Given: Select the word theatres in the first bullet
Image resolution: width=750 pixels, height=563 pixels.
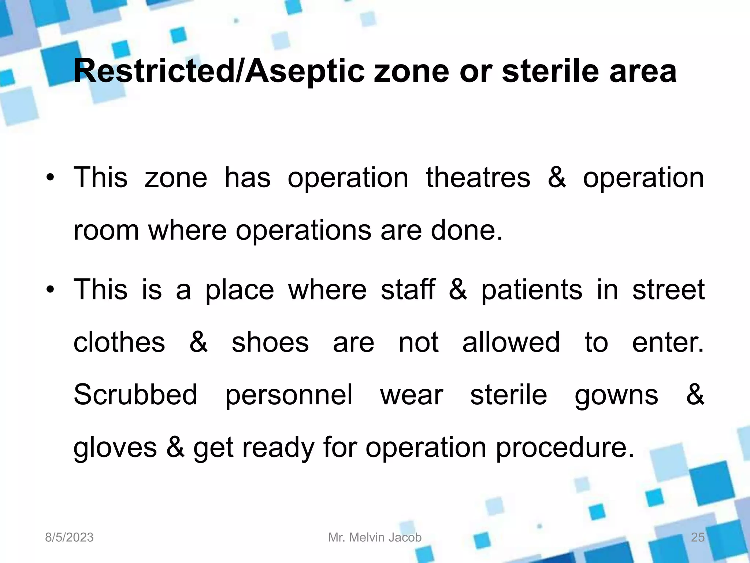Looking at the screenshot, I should click(x=478, y=178).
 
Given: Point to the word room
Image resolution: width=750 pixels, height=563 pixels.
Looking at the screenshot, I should click(x=106, y=231).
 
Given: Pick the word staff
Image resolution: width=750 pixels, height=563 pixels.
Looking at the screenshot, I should click(x=408, y=290).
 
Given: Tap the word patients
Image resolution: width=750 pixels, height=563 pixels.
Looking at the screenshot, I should click(x=531, y=290).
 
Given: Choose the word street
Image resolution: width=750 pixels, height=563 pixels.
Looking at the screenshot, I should click(x=668, y=290).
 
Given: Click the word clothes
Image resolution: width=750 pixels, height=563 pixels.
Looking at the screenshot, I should click(x=119, y=342).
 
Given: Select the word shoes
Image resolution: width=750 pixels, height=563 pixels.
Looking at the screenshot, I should click(x=270, y=342).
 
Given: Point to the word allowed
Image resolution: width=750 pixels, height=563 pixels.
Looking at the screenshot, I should click(x=511, y=342).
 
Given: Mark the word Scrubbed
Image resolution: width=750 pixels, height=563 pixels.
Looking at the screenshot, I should click(x=135, y=395).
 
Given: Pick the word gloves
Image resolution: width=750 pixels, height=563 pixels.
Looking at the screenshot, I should click(x=115, y=448).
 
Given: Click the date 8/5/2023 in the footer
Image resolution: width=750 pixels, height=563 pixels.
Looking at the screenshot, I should click(x=69, y=537).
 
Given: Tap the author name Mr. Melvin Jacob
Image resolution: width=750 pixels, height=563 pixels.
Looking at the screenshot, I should click(x=375, y=537).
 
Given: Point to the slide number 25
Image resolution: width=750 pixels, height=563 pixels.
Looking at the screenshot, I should click(x=697, y=537).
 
